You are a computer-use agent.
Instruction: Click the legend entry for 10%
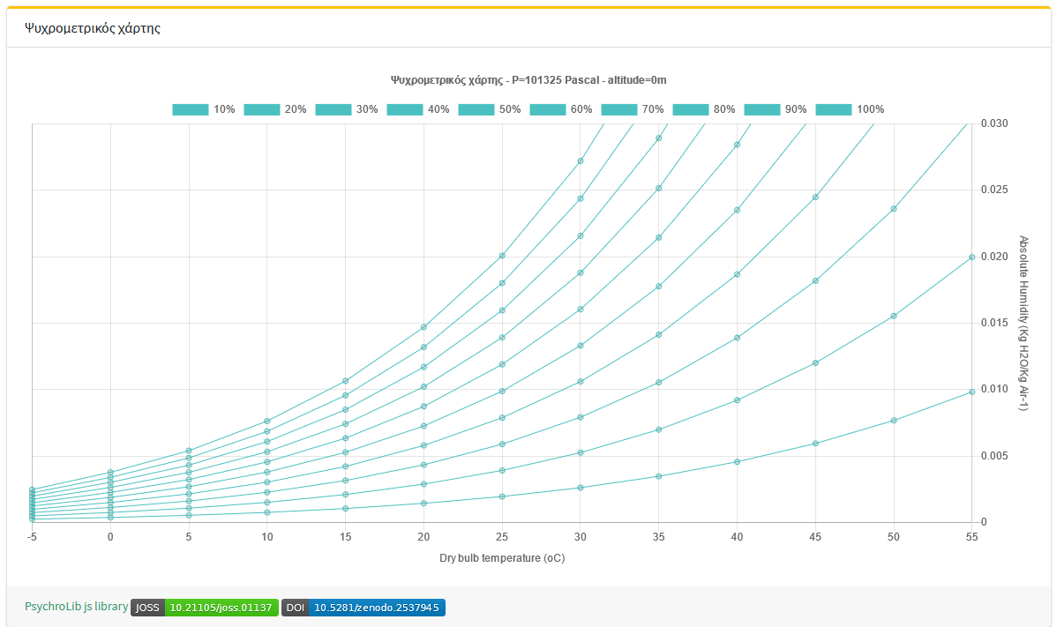(204, 109)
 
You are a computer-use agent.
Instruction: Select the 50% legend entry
(490, 109)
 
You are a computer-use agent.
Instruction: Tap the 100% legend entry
(850, 109)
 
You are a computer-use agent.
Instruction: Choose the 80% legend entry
(704, 109)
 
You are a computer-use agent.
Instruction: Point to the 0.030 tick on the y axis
(994, 123)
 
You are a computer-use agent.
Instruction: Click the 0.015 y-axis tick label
(994, 323)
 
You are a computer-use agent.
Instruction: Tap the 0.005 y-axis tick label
(994, 456)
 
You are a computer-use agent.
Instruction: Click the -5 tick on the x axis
(32, 536)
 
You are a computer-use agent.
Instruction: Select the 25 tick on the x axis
(502, 536)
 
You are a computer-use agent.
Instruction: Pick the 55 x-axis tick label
(971, 536)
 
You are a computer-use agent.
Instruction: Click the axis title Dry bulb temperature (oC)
(502, 558)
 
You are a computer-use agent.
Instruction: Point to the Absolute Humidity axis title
(1024, 323)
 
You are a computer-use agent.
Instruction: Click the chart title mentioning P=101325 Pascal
(528, 79)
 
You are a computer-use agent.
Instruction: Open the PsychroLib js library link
(76, 607)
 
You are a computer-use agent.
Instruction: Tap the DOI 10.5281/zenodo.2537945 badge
(364, 608)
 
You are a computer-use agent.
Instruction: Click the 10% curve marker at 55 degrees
(971, 392)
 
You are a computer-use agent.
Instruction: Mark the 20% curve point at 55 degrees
(971, 258)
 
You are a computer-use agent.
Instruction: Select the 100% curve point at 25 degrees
(502, 256)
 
